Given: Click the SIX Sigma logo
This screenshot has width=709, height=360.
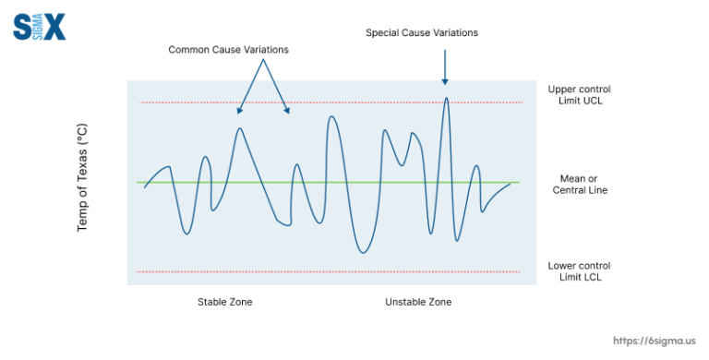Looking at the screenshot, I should coord(40,26).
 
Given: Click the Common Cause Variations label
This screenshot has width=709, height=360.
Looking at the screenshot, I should coord(228,50).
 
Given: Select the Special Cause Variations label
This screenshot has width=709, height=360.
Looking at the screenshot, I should coord(422,33).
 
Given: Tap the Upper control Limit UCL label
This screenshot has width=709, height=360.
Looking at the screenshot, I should coord(579,95).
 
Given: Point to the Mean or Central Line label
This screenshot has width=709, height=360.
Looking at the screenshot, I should coord(580,185).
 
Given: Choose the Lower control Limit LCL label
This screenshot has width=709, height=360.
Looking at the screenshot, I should coord(579,271).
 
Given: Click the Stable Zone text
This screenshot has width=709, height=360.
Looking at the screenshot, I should coord(224,302).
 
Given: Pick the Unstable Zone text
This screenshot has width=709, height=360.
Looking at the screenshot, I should coord(418,302).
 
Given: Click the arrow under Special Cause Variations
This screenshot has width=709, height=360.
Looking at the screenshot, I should coord(445,67).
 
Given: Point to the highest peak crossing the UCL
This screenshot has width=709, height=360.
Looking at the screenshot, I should coord(446,98).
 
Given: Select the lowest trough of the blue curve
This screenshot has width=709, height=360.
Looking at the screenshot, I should coord(363,252).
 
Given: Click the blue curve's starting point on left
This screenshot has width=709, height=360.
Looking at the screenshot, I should coord(145,187).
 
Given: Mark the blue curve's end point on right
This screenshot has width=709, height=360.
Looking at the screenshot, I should coord(510,184).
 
